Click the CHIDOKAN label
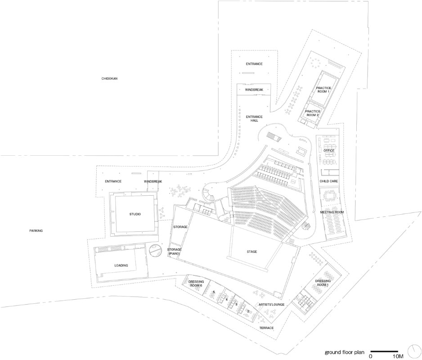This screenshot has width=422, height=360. coord(109,79)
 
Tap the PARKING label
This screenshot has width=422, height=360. coord(36,231)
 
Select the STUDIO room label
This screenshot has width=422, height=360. coord(135,214)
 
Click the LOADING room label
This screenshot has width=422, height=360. coord(121,265)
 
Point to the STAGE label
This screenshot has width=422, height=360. coord(252,252)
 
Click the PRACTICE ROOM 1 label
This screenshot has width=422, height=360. coord(323,90)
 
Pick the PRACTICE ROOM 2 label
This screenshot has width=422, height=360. coord(313,113)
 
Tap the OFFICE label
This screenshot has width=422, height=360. coord(329,150)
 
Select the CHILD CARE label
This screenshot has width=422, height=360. coord(328,181)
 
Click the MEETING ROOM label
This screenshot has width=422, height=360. coord(332,212)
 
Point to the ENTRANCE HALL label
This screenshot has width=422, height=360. coord(254,118)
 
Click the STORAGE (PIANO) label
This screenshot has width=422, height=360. coord(174,252)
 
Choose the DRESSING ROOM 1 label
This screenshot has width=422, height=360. coord(323,283)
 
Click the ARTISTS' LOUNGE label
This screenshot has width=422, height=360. coord(272,305)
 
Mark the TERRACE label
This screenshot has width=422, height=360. coord(266,328)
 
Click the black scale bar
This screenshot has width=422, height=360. coord(384,351)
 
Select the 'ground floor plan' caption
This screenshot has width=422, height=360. coord(345,352)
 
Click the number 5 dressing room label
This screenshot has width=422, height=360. coord(214,292)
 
